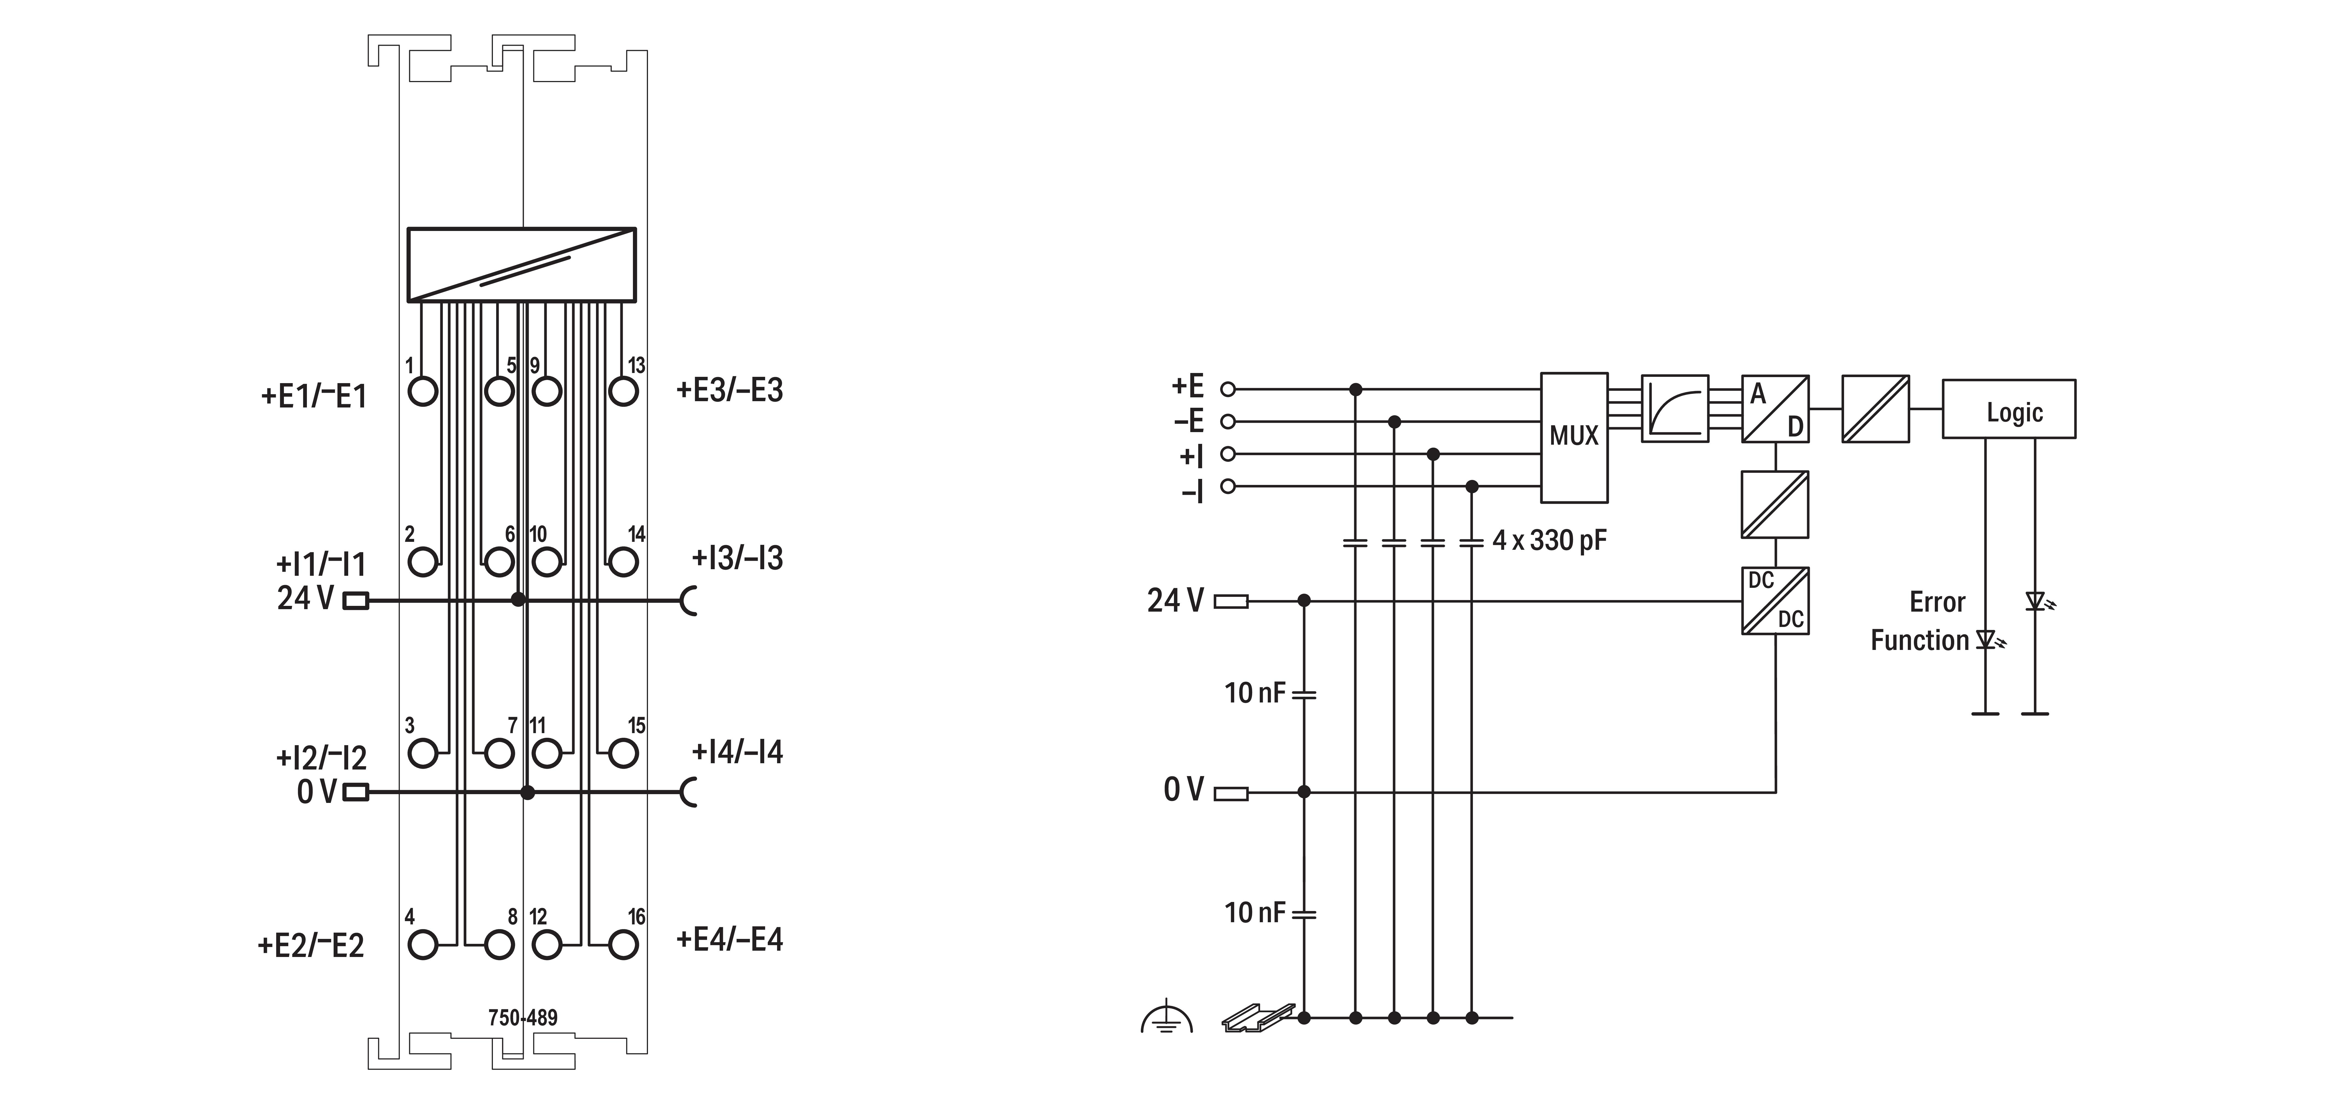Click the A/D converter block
tap(1774, 408)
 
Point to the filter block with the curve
tap(1674, 408)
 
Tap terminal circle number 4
tap(423, 945)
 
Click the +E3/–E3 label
tap(729, 390)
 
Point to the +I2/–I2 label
tap(321, 757)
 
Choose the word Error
tap(1937, 602)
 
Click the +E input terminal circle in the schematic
tap(1227, 389)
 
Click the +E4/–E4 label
tap(729, 939)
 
